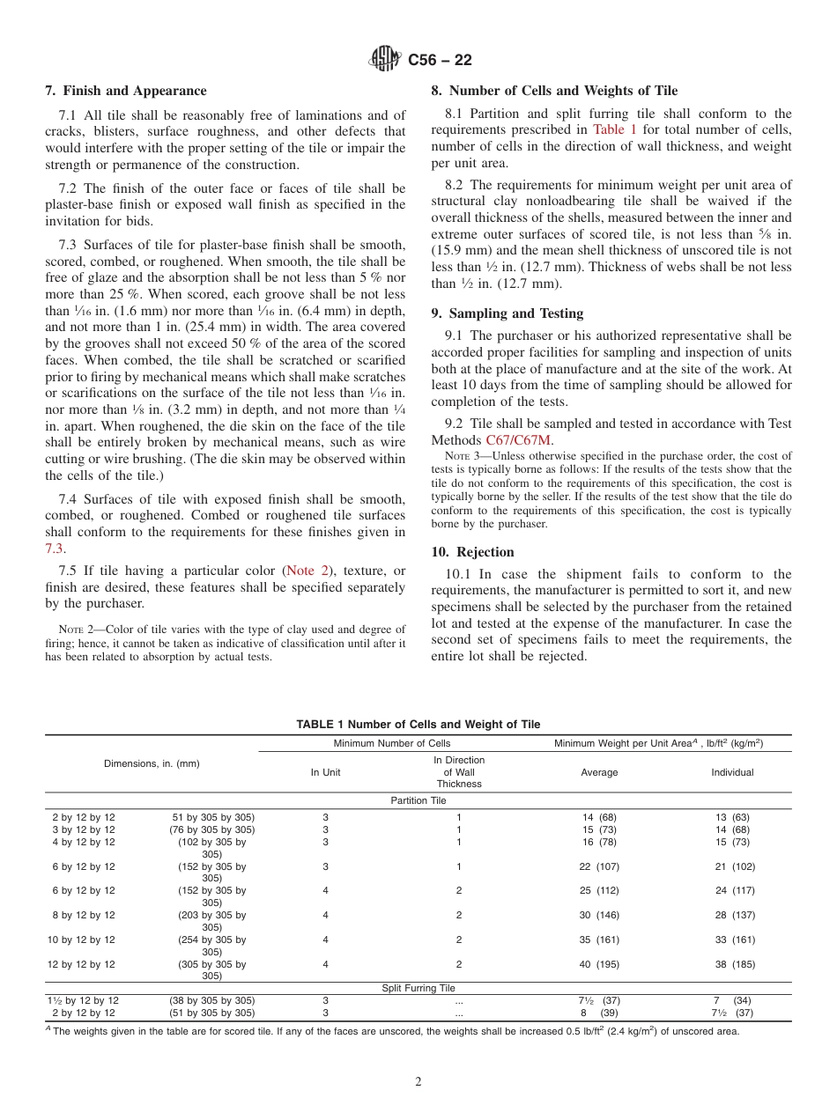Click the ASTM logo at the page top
[384, 60]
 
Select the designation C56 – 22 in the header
[440, 60]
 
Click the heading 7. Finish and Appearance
[126, 91]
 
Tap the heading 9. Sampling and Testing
[507, 313]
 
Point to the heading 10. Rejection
[472, 552]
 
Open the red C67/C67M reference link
[520, 440]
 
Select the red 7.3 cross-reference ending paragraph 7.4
[55, 548]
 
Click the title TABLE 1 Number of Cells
[418, 724]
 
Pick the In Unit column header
[325, 772]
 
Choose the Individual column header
[732, 772]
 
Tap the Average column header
[599, 772]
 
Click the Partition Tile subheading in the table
[418, 800]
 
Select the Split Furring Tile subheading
[418, 988]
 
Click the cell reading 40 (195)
[599, 964]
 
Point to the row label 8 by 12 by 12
[81, 915]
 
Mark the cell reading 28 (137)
[734, 915]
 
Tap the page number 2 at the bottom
[418, 1082]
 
